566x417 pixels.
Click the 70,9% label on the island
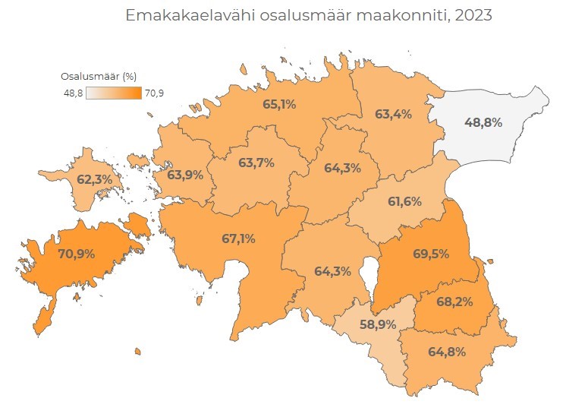pos(76,254)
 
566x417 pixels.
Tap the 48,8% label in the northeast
pos(483,122)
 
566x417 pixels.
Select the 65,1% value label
pos(279,104)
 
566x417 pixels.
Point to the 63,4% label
pos(393,115)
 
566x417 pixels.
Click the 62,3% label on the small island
pos(95,180)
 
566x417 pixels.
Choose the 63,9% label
pos(184,175)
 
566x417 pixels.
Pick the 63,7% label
pos(256,163)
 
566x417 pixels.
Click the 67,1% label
pos(238,239)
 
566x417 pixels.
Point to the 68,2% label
pos(454,302)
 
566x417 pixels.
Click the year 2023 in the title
pos(471,15)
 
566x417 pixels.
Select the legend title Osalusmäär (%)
pos(98,76)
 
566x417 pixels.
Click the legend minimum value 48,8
pos(74,93)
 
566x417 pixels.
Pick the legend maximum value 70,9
pos(154,93)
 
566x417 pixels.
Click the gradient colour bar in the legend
pos(113,93)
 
